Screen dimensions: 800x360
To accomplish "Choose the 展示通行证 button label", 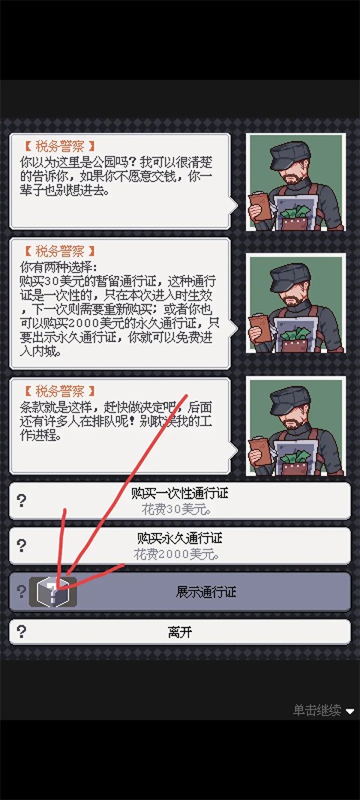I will point(205,592).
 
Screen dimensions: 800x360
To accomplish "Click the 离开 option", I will point(179,632).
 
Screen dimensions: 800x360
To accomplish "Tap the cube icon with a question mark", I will point(52,592).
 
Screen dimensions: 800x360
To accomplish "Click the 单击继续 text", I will point(316,710).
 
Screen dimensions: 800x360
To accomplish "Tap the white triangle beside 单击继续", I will point(350,711).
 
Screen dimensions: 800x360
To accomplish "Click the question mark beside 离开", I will point(22,632).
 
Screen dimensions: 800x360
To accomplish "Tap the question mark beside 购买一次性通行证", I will point(22,501).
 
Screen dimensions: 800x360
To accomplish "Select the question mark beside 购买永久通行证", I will point(22,546).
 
